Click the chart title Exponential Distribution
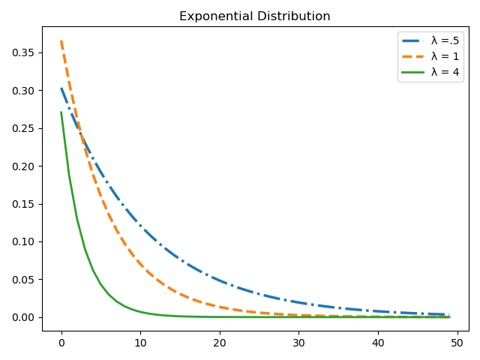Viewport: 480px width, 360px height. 254,16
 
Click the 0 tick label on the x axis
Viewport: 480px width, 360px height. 61,343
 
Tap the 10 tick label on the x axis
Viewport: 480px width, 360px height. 140,343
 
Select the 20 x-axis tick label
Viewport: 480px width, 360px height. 220,343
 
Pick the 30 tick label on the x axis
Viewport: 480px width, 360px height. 298,343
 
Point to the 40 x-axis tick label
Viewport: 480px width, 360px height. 378,343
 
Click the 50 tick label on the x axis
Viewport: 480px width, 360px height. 457,343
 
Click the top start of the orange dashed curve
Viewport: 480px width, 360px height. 61,42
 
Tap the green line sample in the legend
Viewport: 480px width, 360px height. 414,73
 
